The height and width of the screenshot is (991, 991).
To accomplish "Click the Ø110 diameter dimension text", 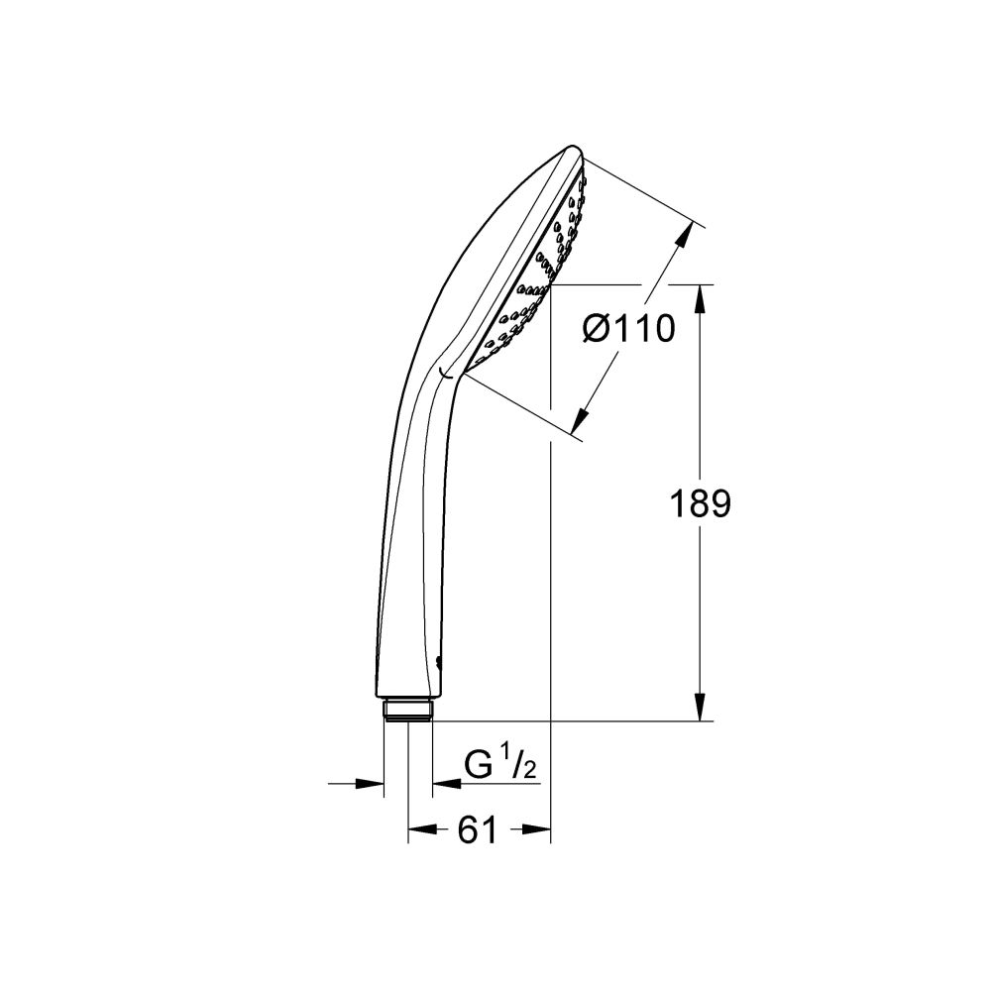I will click(628, 328).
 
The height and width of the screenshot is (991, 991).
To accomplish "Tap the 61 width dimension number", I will click(478, 831).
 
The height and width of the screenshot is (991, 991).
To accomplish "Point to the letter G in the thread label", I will click(480, 766).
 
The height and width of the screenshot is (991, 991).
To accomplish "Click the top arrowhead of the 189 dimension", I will click(702, 298).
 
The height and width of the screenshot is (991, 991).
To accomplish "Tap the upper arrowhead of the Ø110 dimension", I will click(683, 235).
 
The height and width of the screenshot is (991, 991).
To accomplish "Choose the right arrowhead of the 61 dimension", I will click(538, 831).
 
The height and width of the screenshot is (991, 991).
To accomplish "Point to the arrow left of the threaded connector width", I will click(371, 784).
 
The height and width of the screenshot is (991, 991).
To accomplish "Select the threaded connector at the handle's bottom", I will click(407, 711).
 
